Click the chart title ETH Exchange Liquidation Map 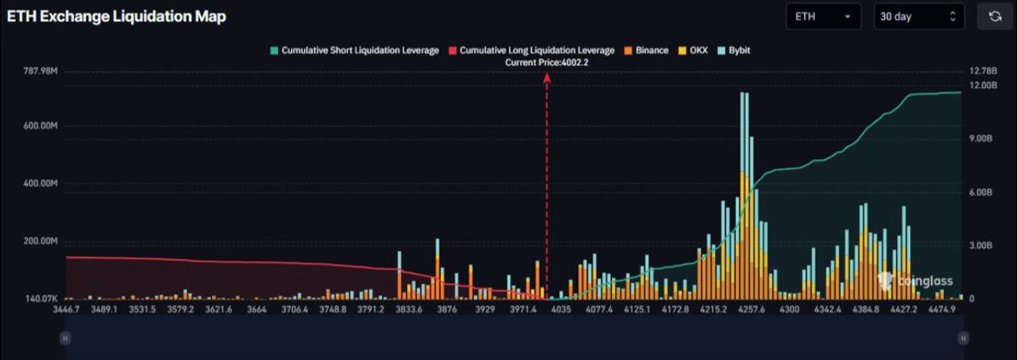click(116, 17)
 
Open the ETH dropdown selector click(822, 17)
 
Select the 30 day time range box click(918, 17)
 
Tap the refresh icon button click(995, 17)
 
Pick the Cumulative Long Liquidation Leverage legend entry click(532, 50)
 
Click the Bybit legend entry click(733, 50)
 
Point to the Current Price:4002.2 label click(547, 62)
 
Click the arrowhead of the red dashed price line click(547, 76)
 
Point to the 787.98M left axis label click(41, 72)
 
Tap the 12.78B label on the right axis click(983, 72)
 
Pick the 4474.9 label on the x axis click(942, 309)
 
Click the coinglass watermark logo click(916, 281)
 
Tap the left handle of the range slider click(65, 338)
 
